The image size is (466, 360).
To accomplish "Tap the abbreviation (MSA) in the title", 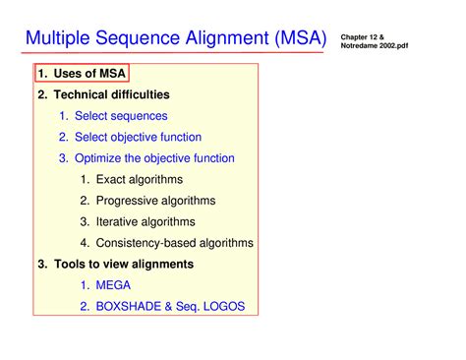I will [292, 39].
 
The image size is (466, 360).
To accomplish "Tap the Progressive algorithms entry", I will [160, 201].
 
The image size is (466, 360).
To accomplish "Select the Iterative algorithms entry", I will [151, 221].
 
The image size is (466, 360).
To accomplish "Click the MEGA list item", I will [112, 285].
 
